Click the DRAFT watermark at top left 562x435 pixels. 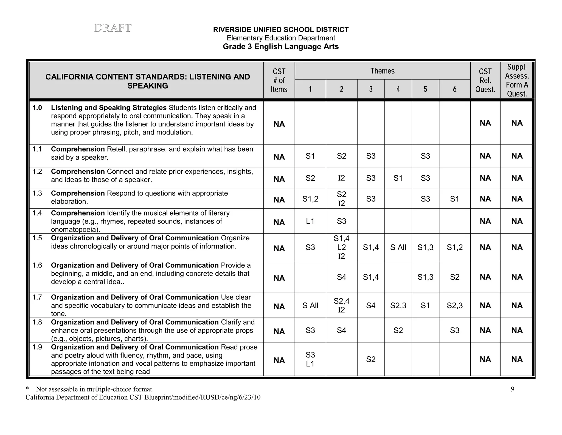[x=113, y=28]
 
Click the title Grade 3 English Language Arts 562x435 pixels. [x=281, y=46]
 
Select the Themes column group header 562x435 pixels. [x=382, y=71]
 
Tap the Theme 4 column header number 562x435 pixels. [x=398, y=89]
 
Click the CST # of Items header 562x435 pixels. [x=279, y=80]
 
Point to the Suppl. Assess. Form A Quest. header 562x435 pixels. [x=517, y=80]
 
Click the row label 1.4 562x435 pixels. [x=37, y=213]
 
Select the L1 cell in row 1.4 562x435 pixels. [x=310, y=221]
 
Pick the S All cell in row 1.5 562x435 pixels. [x=398, y=247]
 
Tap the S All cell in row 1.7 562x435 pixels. [x=310, y=305]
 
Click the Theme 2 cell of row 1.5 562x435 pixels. [x=341, y=247]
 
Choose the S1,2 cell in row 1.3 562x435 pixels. [x=310, y=199]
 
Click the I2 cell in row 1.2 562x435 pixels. [x=341, y=178]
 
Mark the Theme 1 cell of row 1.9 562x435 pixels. [x=310, y=359]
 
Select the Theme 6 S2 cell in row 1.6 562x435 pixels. [x=454, y=277]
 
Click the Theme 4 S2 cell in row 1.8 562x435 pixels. [x=398, y=330]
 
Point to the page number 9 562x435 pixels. [x=512, y=389]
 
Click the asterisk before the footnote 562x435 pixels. [x=27, y=389]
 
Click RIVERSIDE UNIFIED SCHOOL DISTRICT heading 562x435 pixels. [x=281, y=30]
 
